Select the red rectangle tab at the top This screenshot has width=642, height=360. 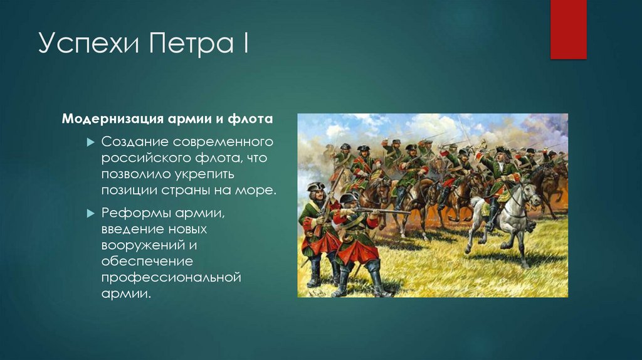(568, 29)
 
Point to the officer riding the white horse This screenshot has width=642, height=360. (499, 176)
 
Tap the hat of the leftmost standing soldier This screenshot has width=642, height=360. (316, 186)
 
